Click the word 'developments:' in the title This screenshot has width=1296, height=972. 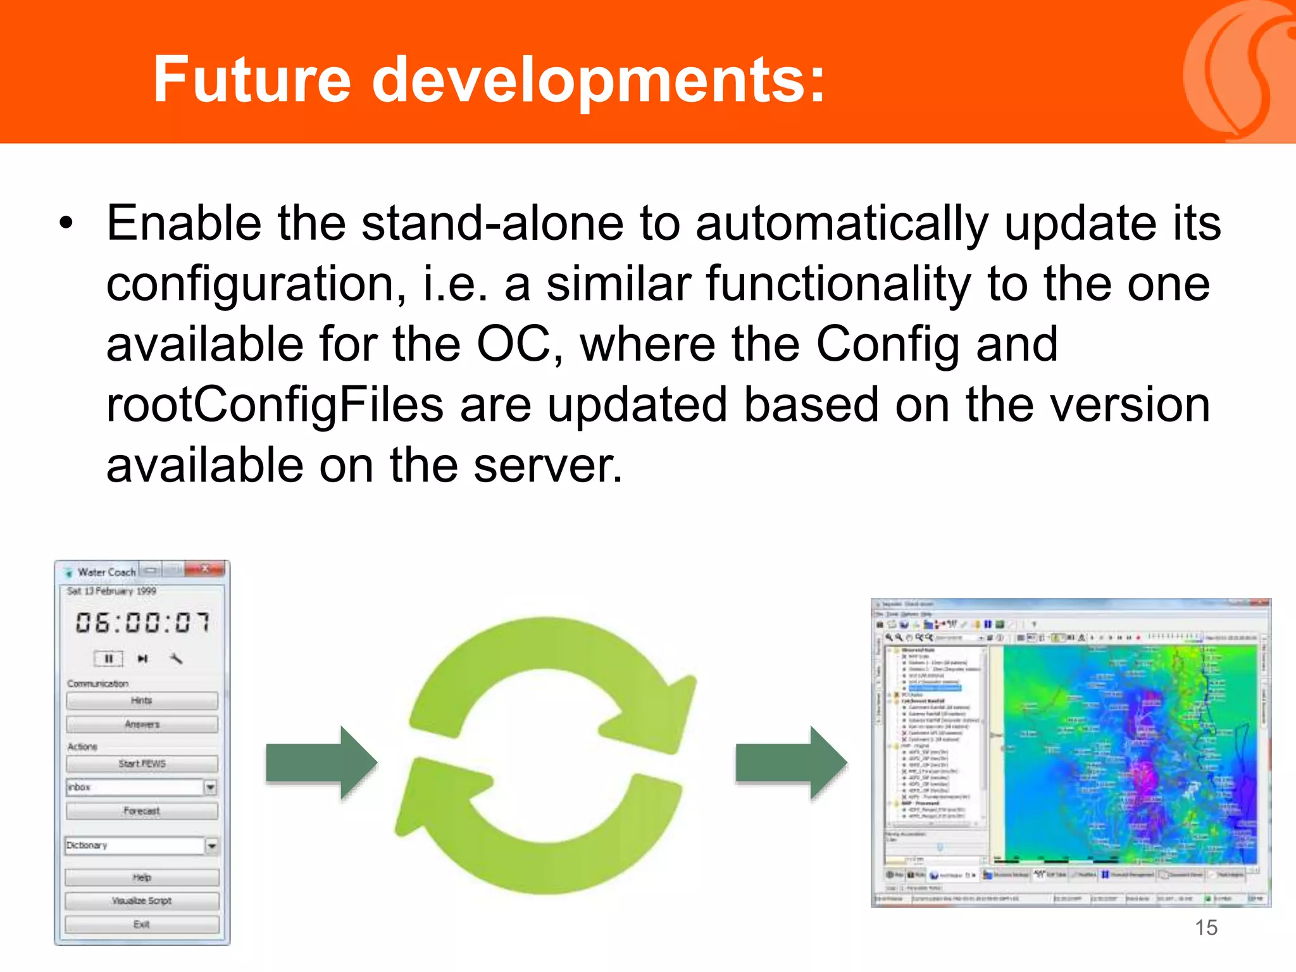(x=598, y=81)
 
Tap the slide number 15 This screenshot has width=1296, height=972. (x=1206, y=928)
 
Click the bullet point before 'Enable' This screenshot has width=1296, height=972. (x=66, y=224)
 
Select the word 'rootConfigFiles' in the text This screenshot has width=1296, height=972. (x=275, y=406)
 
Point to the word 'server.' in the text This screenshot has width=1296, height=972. (x=548, y=466)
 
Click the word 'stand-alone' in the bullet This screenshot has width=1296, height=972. (x=492, y=224)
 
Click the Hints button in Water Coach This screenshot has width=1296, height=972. (x=142, y=701)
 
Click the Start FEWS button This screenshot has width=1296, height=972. (x=142, y=764)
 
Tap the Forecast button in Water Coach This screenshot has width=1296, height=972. (x=142, y=811)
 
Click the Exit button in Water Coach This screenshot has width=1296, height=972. (x=142, y=925)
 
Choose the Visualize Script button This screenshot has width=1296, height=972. (x=142, y=900)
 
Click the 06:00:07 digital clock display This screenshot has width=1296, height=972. (x=142, y=623)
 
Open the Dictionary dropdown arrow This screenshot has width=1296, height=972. (x=211, y=845)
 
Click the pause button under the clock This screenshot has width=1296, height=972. (x=108, y=659)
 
